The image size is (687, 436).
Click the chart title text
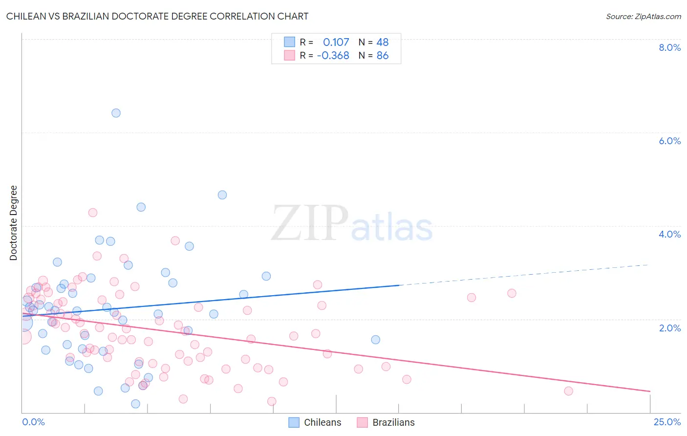coord(157,16)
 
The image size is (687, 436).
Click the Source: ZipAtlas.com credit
coord(643,17)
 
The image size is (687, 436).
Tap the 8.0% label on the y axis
coord(669,47)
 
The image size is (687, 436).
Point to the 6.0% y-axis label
coord(669,141)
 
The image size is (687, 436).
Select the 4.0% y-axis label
coord(669,234)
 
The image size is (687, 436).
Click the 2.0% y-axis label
coord(669,328)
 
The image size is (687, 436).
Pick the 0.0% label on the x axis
coord(33,422)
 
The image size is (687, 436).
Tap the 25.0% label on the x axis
coord(667,422)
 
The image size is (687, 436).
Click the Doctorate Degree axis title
coord(14,223)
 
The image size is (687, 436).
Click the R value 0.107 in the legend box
coord(336,43)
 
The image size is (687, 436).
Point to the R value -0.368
coord(333,56)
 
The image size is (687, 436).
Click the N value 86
coord(383,56)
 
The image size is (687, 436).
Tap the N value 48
coord(383,43)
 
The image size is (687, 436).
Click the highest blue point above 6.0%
coord(116,113)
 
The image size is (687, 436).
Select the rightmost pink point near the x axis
coord(568,391)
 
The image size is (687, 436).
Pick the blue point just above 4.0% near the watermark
coord(222,195)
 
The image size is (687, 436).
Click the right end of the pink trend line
coord(650,391)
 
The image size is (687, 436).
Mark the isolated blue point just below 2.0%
coord(375,340)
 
